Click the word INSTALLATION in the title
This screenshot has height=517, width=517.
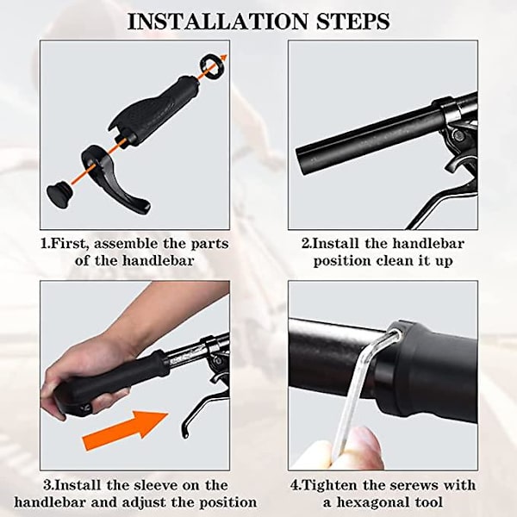coord(217,22)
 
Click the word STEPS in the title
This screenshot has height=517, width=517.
coord(353,22)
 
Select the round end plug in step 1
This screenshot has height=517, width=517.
coord(59,196)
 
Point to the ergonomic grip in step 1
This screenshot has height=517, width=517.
coord(155,110)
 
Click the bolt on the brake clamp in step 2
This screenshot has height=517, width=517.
coord(458,134)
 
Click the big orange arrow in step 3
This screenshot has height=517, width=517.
coord(125,430)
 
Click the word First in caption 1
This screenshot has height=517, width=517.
coord(70,245)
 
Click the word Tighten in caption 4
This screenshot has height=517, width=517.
coord(329,485)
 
